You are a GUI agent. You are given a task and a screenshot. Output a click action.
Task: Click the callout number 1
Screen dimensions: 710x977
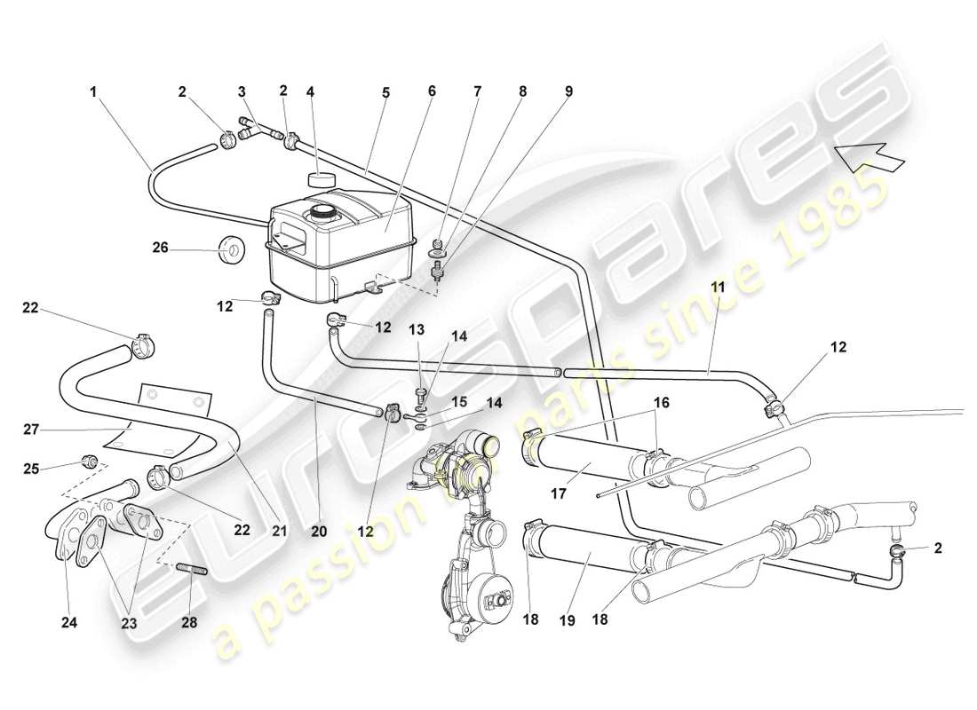[92, 91]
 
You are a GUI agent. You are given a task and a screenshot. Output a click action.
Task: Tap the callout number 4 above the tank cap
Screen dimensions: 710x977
[310, 91]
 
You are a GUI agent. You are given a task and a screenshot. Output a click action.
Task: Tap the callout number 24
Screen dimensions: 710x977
[69, 623]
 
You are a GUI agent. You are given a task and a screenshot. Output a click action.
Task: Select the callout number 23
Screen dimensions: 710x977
[130, 623]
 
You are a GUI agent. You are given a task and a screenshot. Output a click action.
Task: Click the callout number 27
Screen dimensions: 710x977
[32, 429]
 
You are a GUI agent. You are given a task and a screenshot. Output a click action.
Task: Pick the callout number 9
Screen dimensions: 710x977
[568, 91]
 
